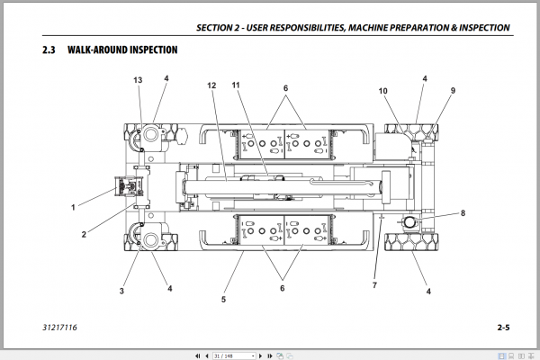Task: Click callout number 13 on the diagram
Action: [x=137, y=81]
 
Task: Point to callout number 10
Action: [x=382, y=91]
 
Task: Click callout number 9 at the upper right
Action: [x=453, y=91]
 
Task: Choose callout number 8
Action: [x=463, y=213]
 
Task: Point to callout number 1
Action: [x=74, y=206]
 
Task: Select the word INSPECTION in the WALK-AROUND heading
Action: [x=148, y=49]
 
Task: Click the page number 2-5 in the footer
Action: [x=502, y=328]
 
